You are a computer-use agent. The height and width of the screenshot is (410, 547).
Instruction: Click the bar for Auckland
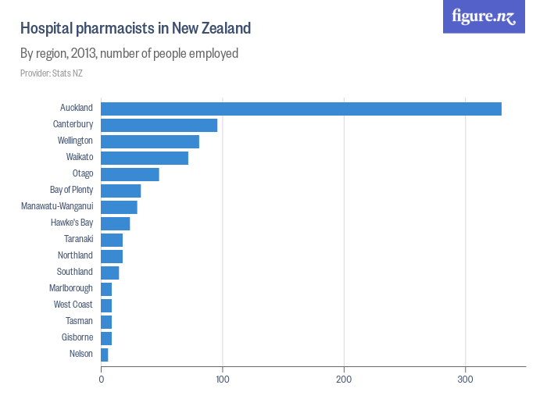301,109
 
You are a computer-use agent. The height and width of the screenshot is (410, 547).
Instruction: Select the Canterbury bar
159,125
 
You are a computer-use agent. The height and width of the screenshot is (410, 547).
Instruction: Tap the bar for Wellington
150,141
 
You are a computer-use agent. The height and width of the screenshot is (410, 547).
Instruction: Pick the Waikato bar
145,158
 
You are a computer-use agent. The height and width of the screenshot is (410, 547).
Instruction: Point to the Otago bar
130,174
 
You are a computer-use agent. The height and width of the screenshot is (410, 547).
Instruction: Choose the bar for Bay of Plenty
121,191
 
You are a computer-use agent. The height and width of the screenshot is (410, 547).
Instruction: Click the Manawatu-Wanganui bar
119,207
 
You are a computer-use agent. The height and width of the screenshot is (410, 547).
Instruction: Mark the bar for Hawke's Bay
115,223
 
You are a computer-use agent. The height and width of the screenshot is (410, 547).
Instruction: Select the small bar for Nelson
105,355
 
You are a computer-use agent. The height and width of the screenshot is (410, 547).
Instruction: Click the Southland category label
75,272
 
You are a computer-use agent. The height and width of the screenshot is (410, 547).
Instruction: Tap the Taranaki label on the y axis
78,239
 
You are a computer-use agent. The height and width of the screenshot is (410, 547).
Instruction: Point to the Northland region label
75,255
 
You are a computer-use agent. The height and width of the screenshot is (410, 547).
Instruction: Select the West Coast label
73,305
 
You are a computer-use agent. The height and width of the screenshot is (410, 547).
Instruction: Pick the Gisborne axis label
77,337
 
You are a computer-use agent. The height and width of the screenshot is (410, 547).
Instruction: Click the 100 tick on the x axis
223,380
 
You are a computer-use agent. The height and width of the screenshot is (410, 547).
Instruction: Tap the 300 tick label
466,380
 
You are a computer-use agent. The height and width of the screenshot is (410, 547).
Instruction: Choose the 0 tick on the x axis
102,380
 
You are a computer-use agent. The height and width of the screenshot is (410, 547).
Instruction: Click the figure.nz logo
484,16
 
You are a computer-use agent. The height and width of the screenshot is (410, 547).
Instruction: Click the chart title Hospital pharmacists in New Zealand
135,29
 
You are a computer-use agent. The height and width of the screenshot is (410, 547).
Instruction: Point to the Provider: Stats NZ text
52,73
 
